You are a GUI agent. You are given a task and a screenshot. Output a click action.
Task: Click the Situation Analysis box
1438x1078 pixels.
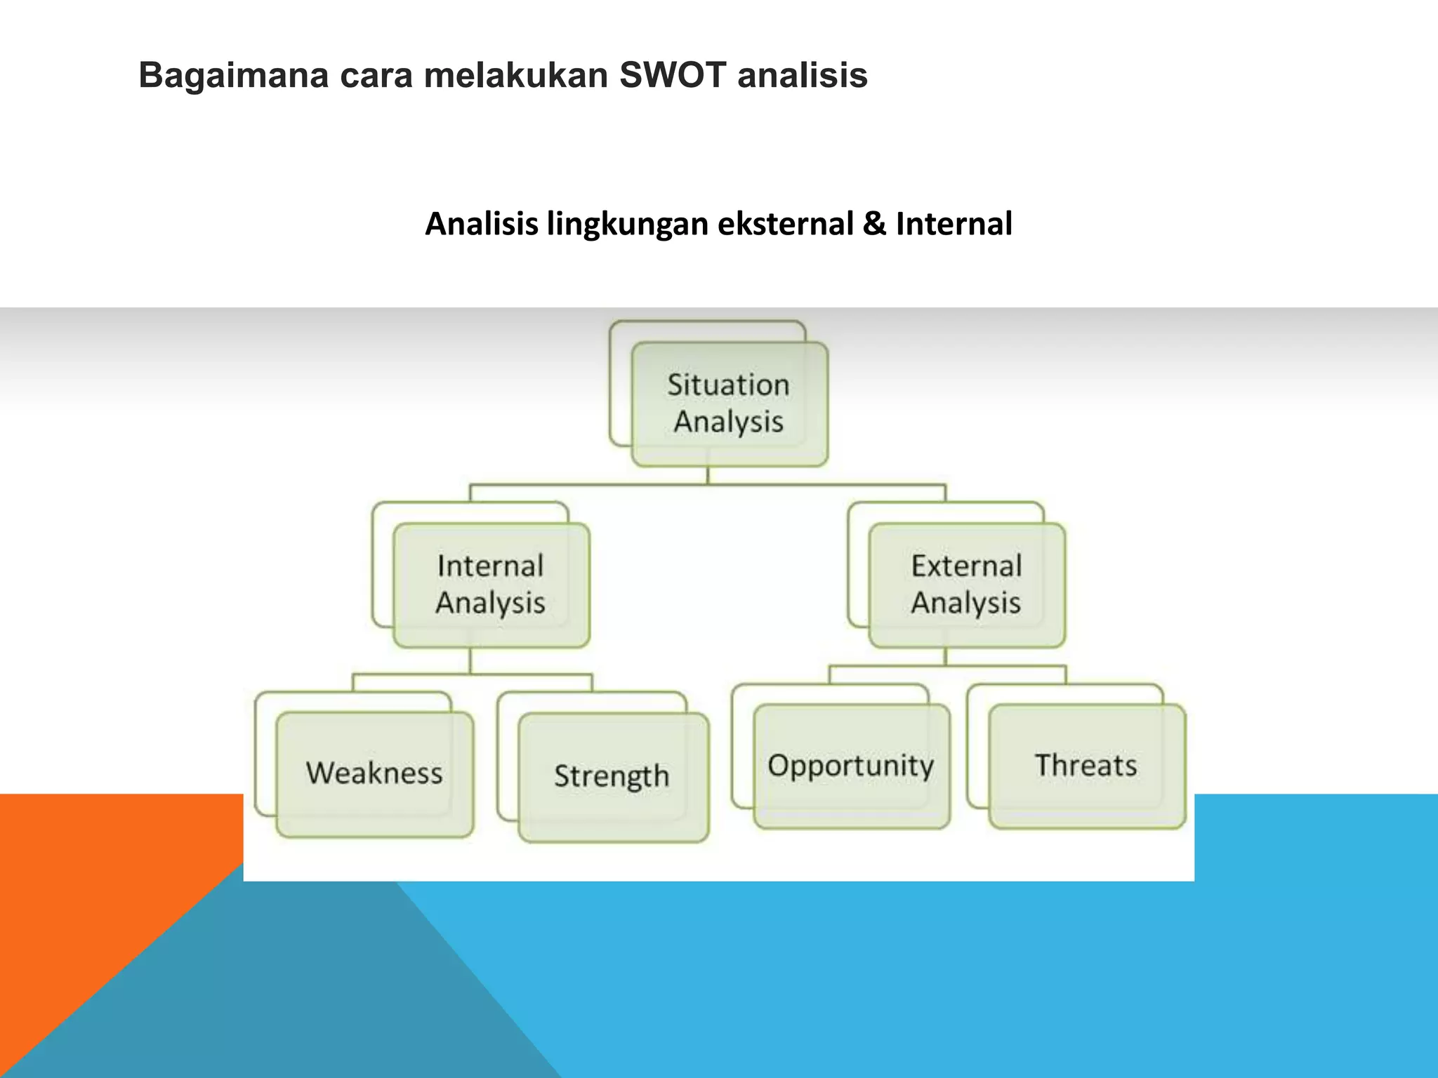tap(729, 404)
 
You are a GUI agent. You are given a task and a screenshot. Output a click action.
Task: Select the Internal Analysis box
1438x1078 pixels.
tap(491, 585)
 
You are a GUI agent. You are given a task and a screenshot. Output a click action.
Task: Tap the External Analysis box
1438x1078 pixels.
tap(967, 585)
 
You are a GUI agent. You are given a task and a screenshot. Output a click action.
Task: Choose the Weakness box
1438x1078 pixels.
tap(374, 773)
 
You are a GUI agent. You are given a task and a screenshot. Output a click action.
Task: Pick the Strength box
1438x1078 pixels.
tap(612, 776)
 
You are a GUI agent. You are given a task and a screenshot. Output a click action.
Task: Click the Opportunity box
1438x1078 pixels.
tap(851, 766)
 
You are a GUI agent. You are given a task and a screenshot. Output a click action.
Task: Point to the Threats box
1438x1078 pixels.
tap(1086, 766)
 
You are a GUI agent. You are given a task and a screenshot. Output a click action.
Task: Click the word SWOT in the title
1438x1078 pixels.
tap(672, 75)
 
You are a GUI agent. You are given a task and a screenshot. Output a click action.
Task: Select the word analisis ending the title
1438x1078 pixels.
tap(802, 75)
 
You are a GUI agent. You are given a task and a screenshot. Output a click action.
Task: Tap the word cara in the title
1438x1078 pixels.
tap(376, 75)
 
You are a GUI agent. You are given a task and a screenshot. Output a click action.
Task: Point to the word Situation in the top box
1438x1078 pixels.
tap(728, 385)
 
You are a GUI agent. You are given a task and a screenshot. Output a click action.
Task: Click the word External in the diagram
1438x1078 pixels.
tap(967, 566)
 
